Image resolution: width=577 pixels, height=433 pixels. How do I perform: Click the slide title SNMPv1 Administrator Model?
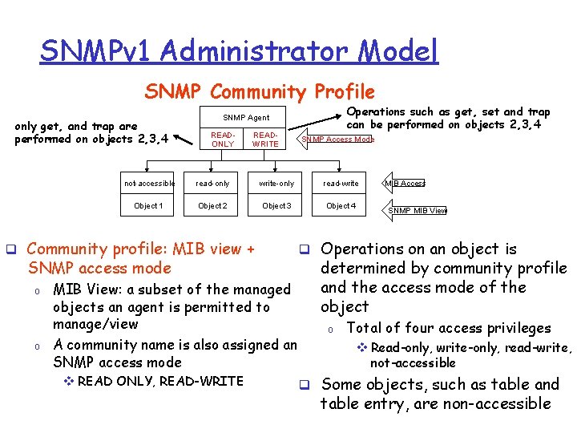pyautogui.click(x=239, y=51)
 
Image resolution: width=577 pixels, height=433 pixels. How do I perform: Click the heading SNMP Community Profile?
pyautogui.click(x=260, y=92)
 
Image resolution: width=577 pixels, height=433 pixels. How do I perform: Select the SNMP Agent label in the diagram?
pyautogui.click(x=245, y=118)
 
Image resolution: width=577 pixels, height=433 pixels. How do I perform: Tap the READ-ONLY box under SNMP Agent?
pyautogui.click(x=222, y=140)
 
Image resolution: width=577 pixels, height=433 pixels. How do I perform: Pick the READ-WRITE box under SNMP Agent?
pyautogui.click(x=265, y=140)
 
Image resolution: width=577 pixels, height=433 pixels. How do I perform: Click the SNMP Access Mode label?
pyautogui.click(x=337, y=140)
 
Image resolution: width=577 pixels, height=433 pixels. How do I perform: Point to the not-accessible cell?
pyautogui.click(x=149, y=184)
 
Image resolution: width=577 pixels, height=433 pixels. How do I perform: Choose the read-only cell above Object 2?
pyautogui.click(x=212, y=184)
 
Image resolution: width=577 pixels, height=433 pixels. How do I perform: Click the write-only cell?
pyautogui.click(x=276, y=184)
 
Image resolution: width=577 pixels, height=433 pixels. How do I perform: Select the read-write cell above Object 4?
pyautogui.click(x=341, y=184)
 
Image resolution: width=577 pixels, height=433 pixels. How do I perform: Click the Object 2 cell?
pyautogui.click(x=212, y=206)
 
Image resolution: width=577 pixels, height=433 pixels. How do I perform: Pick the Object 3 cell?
pyautogui.click(x=276, y=206)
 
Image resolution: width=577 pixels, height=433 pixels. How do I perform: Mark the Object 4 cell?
pyautogui.click(x=341, y=206)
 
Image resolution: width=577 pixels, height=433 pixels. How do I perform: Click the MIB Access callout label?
pyautogui.click(x=406, y=184)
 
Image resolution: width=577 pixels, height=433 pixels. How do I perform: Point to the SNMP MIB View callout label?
pyautogui.click(x=418, y=211)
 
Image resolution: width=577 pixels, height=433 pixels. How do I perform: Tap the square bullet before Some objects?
pyautogui.click(x=305, y=386)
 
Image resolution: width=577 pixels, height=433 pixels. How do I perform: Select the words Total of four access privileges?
pyautogui.click(x=449, y=328)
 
